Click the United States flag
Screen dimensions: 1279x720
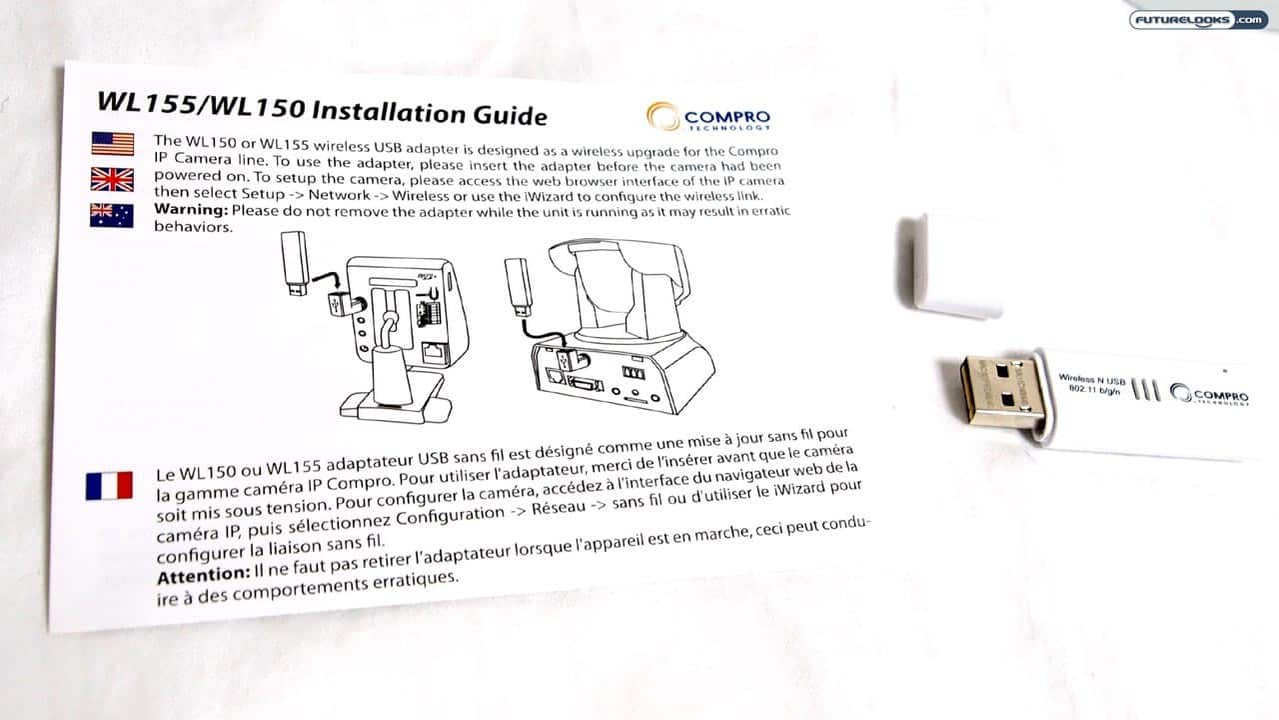pyautogui.click(x=113, y=143)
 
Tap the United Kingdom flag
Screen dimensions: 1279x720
pyautogui.click(x=112, y=179)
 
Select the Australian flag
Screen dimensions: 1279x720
pyautogui.click(x=111, y=215)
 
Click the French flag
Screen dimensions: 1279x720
pyautogui.click(x=109, y=485)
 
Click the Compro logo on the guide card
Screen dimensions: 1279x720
pyautogui.click(x=708, y=117)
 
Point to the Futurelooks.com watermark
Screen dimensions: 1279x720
pyautogui.click(x=1198, y=20)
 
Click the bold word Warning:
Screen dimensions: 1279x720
pyautogui.click(x=191, y=210)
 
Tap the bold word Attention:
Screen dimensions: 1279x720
pyautogui.click(x=203, y=575)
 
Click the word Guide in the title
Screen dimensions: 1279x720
pyautogui.click(x=510, y=115)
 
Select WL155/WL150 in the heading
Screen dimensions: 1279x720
pyautogui.click(x=200, y=105)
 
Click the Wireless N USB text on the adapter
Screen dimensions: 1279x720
pyautogui.click(x=1092, y=379)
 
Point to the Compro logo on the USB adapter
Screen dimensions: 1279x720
pyautogui.click(x=1209, y=394)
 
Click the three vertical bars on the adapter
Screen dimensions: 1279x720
pyautogui.click(x=1146, y=390)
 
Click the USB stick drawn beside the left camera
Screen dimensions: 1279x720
pyautogui.click(x=295, y=263)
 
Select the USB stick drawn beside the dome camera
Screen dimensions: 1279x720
pyautogui.click(x=519, y=287)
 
